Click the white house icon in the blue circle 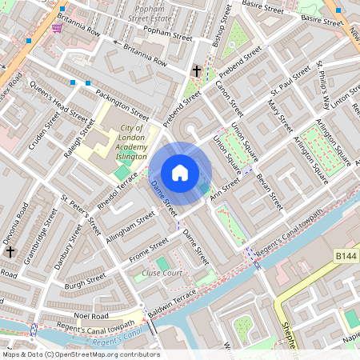(180, 173)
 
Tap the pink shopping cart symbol (57, 28)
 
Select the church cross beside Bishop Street (196, 72)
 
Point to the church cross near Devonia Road (10, 251)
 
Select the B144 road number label (346, 254)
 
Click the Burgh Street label (86, 281)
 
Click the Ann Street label (225, 192)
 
